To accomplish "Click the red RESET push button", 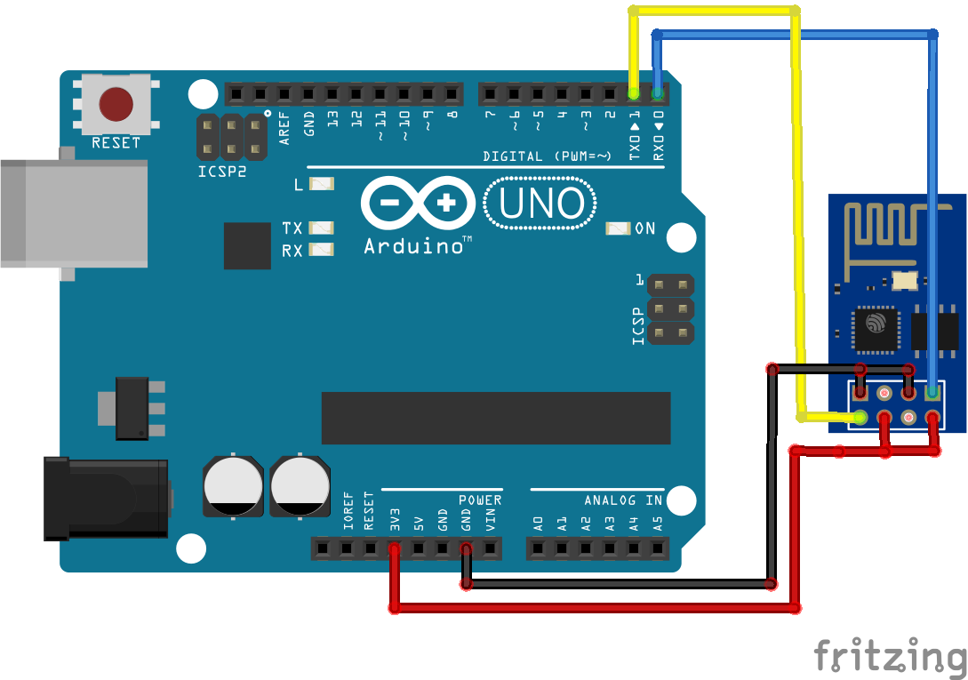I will coord(116,104).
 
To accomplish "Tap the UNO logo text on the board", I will coord(541,204).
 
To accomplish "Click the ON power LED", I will coord(618,228).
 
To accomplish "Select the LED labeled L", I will coord(321,184).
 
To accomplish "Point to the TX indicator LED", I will coord(321,228).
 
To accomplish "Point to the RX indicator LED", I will coord(321,250).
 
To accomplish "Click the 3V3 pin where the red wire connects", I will coord(395,549).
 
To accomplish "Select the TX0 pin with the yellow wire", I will coord(634,93).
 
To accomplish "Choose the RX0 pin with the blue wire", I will coord(658,93).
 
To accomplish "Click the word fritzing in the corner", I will coord(890,656).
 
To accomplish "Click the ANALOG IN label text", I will coord(623,500).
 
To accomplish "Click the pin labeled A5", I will coord(658,549).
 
